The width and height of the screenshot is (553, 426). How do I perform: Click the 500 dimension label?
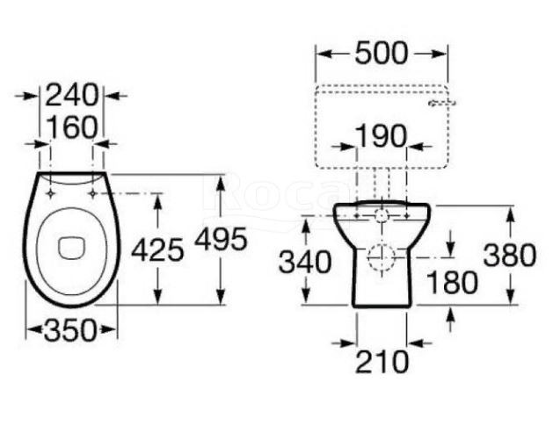[x=382, y=54]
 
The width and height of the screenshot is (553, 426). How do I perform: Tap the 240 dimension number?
[x=71, y=95]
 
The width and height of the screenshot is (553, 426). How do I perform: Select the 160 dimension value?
[x=71, y=126]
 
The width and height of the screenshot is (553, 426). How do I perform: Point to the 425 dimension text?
[x=157, y=249]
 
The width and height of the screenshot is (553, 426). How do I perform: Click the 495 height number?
[x=222, y=239]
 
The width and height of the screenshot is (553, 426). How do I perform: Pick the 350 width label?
[x=70, y=330]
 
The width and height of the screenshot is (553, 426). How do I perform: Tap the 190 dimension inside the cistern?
[x=381, y=135]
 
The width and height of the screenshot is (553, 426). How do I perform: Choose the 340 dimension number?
[x=305, y=262]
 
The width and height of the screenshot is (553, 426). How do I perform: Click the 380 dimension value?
[x=510, y=255]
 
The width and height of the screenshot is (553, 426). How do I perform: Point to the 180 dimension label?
[x=453, y=282]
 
